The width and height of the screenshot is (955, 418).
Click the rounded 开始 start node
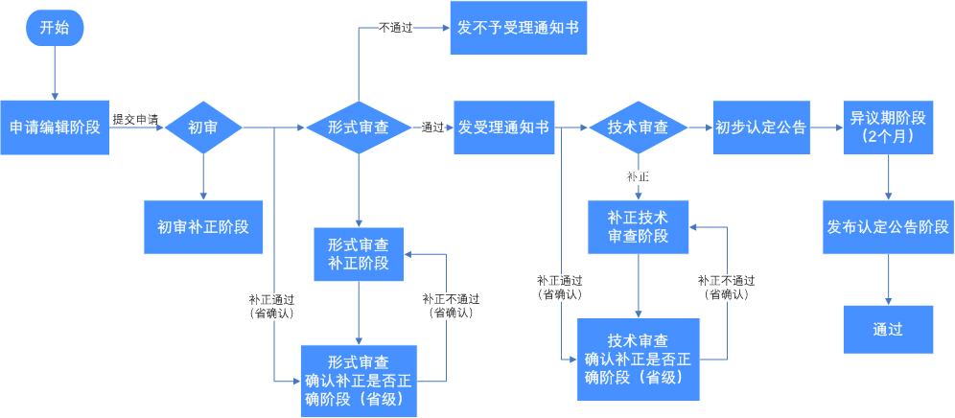[55, 28]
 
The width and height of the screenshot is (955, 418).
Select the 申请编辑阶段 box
[55, 128]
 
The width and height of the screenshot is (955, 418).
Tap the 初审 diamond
[203, 128]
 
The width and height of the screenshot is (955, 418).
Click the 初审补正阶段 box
[203, 227]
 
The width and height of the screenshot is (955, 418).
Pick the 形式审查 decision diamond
[359, 128]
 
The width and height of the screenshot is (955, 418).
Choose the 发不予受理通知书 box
[519, 28]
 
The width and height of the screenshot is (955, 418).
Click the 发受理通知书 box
[503, 128]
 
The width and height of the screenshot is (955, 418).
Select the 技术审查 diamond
[639, 128]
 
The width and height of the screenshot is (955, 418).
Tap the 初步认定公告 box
[760, 128]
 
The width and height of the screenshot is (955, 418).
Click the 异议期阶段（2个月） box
[888, 128]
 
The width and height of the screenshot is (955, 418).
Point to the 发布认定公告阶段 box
[889, 227]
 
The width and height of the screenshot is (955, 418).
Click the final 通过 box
[888, 330]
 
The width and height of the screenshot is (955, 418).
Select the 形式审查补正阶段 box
[359, 254]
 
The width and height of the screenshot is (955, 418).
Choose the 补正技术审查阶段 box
[639, 227]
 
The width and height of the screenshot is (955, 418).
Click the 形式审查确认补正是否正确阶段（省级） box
[359, 382]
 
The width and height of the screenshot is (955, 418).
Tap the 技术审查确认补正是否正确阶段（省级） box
[639, 360]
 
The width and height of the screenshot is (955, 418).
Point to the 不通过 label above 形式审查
[396, 28]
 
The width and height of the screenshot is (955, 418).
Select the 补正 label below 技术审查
[638, 178]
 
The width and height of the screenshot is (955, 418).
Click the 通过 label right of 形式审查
[432, 128]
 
